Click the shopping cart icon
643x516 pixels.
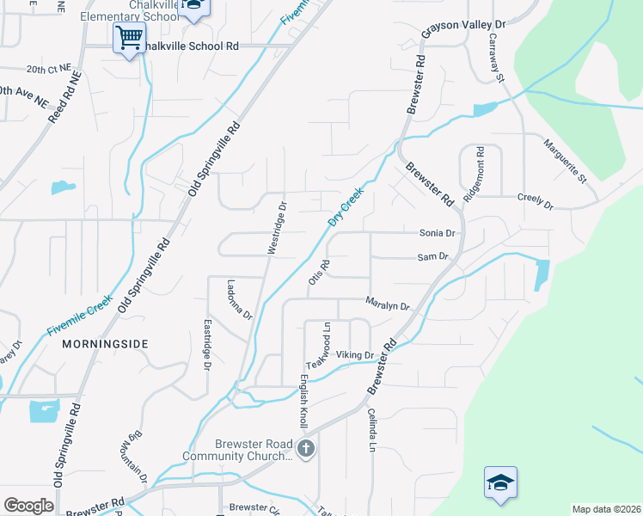tap(129, 38)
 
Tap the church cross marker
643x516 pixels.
tap(305, 448)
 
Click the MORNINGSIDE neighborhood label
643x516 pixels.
tap(105, 344)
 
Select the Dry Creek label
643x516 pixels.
tap(346, 207)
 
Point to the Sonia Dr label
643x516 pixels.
tap(437, 233)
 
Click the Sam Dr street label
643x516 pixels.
tap(433, 256)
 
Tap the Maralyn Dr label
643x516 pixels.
tap(387, 304)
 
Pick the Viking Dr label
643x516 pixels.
tap(354, 354)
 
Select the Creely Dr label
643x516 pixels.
tap(535, 200)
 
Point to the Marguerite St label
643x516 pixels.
tap(563, 163)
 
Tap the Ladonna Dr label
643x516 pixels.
tap(240, 299)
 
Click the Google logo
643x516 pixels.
tap(28, 505)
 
